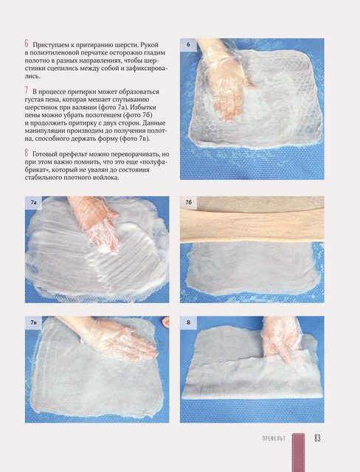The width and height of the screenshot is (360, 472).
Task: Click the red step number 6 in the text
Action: point(27,44)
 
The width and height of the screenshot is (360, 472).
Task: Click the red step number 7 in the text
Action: point(27,91)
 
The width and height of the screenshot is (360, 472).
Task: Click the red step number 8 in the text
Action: point(27,153)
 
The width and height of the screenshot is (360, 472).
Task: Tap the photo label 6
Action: point(188,44)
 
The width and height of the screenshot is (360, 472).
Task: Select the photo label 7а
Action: point(33,203)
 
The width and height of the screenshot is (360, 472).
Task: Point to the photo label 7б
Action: point(189,202)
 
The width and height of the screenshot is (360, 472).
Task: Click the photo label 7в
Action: point(33,322)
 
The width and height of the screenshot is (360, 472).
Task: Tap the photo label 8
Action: point(188,322)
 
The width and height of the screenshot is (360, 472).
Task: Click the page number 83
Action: point(317,438)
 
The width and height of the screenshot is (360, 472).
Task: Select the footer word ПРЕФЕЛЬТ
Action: point(274,438)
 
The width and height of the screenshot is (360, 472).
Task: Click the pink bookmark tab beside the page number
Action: point(298,452)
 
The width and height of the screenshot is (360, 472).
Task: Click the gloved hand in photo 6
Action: point(225,79)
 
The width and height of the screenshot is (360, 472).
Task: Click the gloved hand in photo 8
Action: point(280,339)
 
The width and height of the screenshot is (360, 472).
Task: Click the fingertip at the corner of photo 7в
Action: point(165,323)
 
